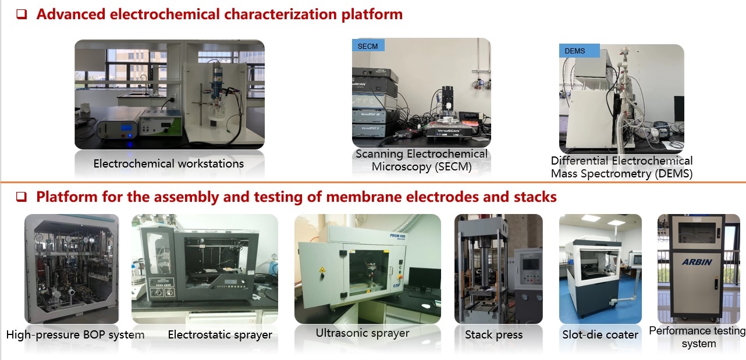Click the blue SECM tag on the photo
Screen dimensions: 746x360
[368, 45]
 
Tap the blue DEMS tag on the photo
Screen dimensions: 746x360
[579, 51]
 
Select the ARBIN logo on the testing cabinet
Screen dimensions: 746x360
[697, 262]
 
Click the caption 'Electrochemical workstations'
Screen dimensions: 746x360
[169, 163]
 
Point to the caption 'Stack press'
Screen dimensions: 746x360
[493, 334]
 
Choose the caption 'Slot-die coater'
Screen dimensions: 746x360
[600, 334]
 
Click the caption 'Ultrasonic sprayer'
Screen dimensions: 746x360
[363, 333]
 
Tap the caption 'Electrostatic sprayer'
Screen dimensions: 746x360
[220, 334]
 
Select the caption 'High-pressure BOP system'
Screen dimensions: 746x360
[75, 334]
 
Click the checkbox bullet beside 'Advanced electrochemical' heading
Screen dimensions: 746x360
[22, 14]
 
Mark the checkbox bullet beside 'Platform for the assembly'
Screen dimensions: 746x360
[22, 197]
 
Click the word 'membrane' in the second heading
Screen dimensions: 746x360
[358, 197]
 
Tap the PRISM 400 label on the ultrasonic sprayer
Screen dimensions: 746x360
[397, 237]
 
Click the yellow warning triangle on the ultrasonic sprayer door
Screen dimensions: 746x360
[322, 269]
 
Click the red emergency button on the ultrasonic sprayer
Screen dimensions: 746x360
[400, 276]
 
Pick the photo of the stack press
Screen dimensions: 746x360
[499, 269]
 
